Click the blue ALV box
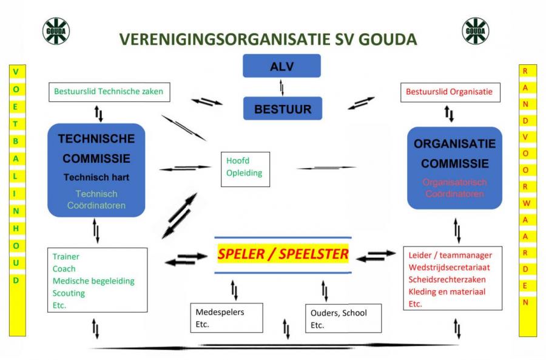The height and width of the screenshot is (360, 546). [x=281, y=66]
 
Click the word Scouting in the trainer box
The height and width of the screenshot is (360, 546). [x=69, y=293]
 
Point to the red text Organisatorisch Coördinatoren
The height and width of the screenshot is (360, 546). [x=454, y=188]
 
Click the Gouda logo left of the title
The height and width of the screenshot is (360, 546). [x=56, y=30]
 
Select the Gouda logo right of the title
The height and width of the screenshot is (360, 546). [x=475, y=30]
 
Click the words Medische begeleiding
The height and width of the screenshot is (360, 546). [x=93, y=281]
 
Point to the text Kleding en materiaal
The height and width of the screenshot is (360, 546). [x=447, y=291]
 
